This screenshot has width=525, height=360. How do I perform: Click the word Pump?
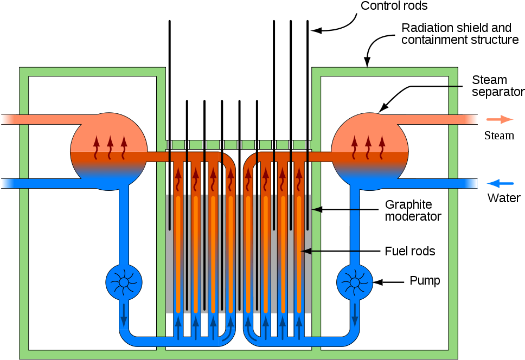pyautogui.click(x=425, y=281)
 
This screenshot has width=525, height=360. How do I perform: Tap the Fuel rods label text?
pyautogui.click(x=409, y=252)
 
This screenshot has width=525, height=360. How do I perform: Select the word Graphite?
pyautogui.click(x=408, y=205)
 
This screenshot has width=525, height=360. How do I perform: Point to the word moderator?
pyautogui.click(x=413, y=217)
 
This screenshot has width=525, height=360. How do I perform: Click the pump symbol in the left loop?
pyautogui.click(x=124, y=282)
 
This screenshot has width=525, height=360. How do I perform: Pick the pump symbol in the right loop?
pyautogui.click(x=355, y=282)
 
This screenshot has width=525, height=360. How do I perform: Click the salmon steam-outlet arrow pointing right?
pyautogui.click(x=500, y=119)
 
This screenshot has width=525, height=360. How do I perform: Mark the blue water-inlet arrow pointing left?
pyautogui.click(x=500, y=184)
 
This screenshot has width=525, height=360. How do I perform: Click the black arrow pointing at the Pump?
pyautogui.click(x=389, y=282)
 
